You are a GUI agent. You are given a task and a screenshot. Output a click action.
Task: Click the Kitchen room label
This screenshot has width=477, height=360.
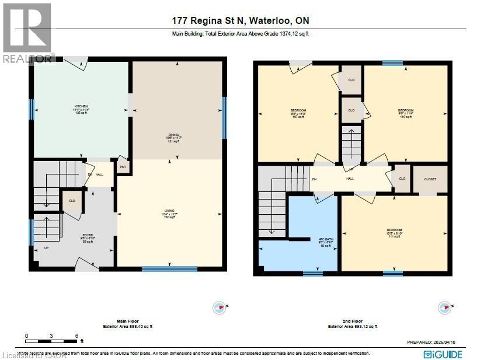pyautogui.click(x=81, y=109)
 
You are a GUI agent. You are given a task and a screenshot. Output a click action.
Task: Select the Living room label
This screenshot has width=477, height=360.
pyautogui.click(x=169, y=214)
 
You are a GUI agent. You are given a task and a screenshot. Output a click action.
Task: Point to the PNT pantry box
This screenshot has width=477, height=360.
pyautogui.click(x=123, y=166)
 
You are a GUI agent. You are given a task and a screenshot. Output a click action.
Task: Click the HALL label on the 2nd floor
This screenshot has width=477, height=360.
pyautogui.click(x=350, y=180)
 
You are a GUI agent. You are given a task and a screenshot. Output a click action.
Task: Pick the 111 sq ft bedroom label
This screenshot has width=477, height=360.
pyautogui.click(x=394, y=233)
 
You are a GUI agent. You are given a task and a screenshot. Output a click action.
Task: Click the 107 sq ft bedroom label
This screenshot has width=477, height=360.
pyautogui.click(x=298, y=113)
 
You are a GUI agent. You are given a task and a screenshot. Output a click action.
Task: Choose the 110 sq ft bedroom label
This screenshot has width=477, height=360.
pyautogui.click(x=405, y=113)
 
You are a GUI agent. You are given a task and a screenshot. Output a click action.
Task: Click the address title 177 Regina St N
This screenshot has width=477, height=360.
pyautogui.click(x=240, y=21)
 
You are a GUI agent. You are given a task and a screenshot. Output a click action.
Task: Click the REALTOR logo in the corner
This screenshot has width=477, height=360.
pyautogui.click(x=27, y=32)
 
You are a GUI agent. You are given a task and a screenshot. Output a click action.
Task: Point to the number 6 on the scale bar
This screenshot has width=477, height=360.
pyautogui.click(x=76, y=335)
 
